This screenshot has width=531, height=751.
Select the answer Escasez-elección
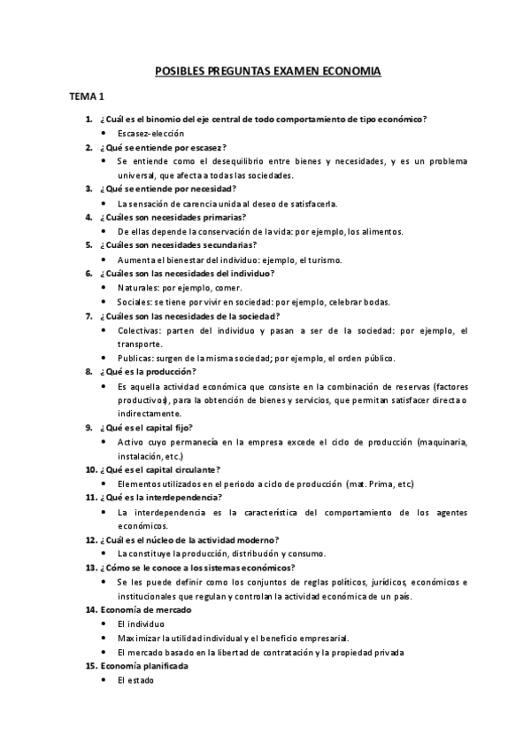coord(147,133)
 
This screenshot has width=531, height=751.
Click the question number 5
coord(88,244)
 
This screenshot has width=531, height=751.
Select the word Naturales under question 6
coord(137,288)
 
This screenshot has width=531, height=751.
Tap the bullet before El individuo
coord(105,624)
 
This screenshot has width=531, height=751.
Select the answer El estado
coord(135,680)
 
